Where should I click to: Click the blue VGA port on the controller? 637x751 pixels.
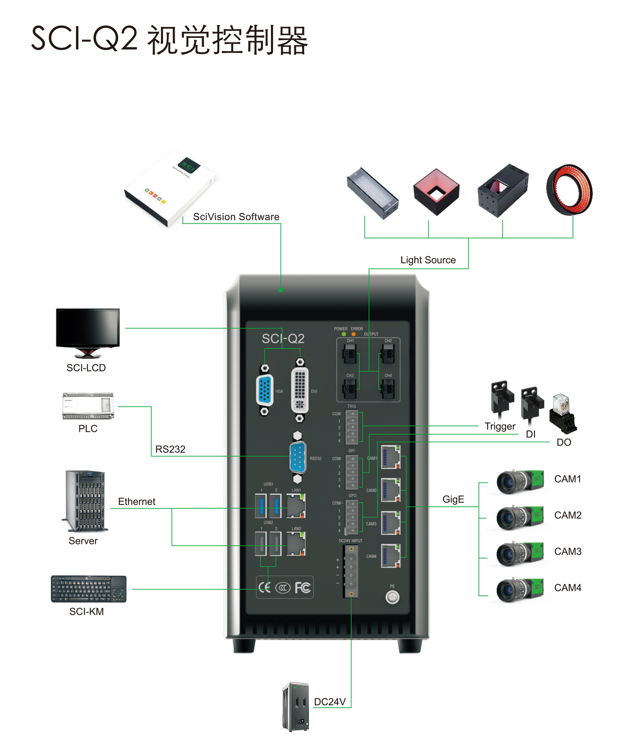tap(265, 390)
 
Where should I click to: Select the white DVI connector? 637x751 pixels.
tap(300, 390)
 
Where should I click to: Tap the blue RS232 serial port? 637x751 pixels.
tap(298, 457)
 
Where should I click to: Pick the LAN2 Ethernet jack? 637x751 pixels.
tap(296, 544)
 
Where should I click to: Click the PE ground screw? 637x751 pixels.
tap(392, 597)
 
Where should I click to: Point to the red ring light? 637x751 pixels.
tap(570, 190)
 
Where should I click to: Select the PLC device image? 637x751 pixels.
tap(88, 406)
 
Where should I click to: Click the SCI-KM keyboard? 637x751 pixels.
tap(88, 589)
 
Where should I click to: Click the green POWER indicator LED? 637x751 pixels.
tap(344, 334)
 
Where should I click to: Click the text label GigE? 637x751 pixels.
tap(453, 499)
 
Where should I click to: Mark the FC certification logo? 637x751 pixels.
tap(303, 588)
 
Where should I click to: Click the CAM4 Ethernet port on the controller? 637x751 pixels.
tap(391, 556)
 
